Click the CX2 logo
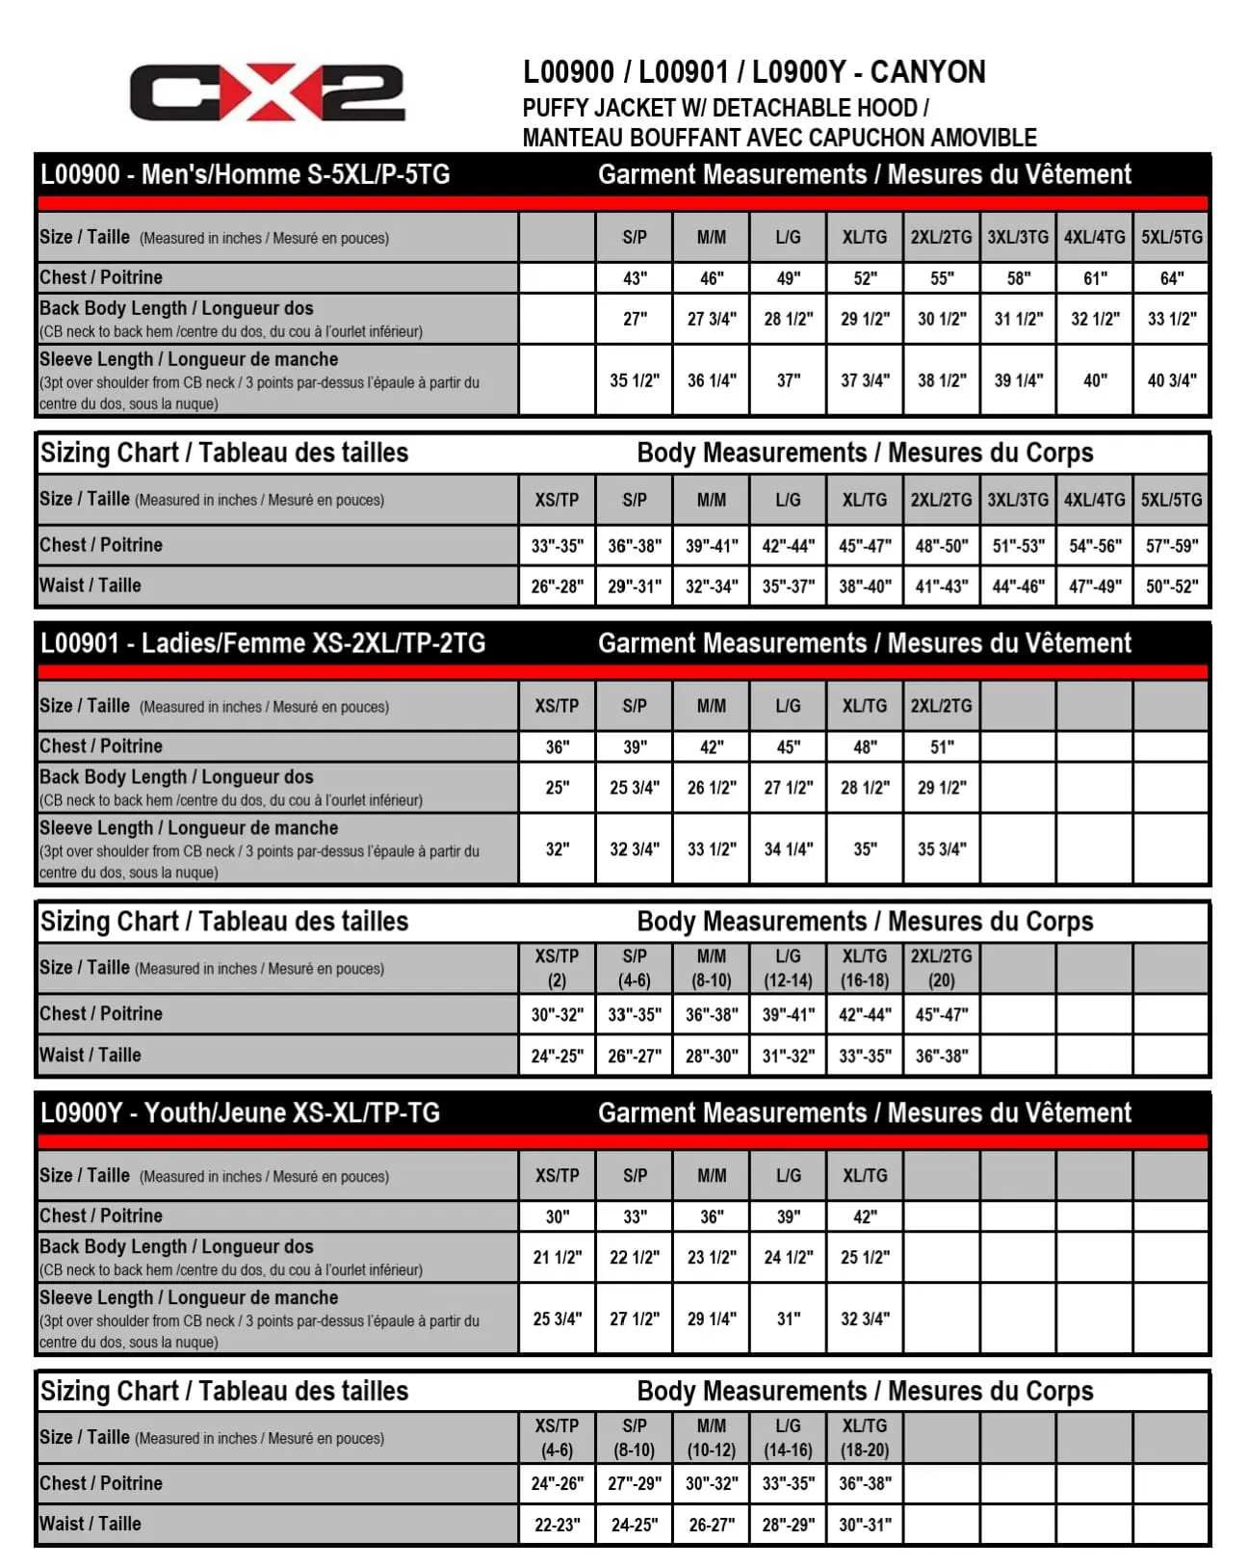(x=267, y=92)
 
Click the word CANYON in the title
(x=927, y=72)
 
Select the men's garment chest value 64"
(x=1171, y=278)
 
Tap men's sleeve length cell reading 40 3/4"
(x=1171, y=380)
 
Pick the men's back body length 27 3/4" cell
(x=711, y=319)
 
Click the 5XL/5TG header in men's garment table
(x=1171, y=237)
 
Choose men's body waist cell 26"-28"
(x=557, y=586)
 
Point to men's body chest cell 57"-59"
(x=1171, y=545)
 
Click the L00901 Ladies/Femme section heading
(x=263, y=643)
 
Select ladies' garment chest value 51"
(x=941, y=746)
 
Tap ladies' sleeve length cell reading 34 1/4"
(x=788, y=848)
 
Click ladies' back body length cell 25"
(x=557, y=787)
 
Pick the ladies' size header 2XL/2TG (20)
(x=941, y=968)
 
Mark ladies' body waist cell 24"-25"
(x=557, y=1056)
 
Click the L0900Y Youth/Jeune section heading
(x=240, y=1112)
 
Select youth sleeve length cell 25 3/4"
(x=557, y=1318)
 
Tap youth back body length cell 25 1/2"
(x=864, y=1257)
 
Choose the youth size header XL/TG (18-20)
(x=864, y=1437)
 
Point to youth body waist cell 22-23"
(x=557, y=1525)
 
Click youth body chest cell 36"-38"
(x=864, y=1483)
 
